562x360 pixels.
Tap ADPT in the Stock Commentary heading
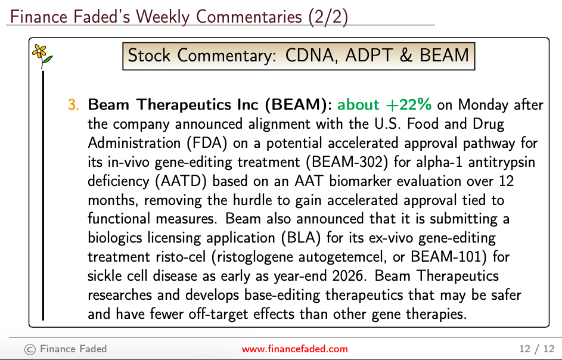coord(369,55)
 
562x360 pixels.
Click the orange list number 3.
coord(73,105)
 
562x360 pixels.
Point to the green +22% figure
coord(409,105)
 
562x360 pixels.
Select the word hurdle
coord(253,200)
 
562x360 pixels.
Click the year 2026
coord(347,276)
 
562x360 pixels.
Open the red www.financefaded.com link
coord(294,349)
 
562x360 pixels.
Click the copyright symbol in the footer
coord(30,349)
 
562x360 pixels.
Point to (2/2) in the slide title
coord(328,17)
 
